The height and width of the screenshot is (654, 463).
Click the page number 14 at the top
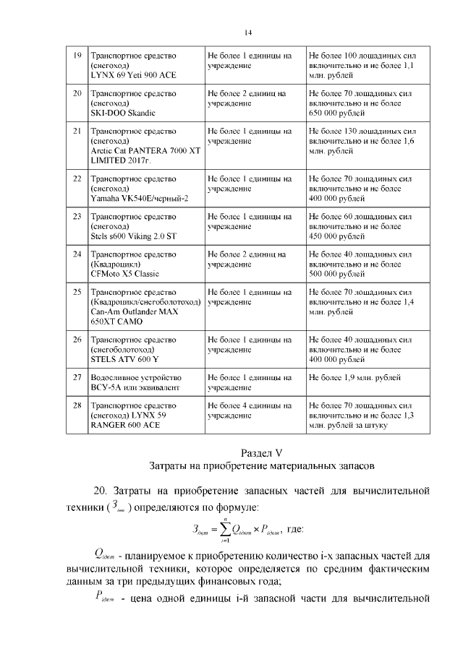coord(247,33)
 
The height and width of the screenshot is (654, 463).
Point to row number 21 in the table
coord(77,132)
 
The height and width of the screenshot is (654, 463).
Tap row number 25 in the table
coord(77,292)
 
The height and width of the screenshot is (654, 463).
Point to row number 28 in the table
coord(77,406)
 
